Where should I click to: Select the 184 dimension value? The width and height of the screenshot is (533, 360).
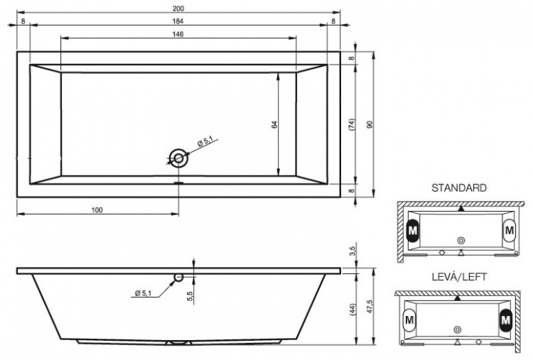(x=175, y=22)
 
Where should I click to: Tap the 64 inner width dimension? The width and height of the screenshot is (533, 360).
(x=274, y=125)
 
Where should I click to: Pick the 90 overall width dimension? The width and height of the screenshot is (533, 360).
(x=370, y=124)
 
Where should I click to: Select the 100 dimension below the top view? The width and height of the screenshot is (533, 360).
(x=97, y=209)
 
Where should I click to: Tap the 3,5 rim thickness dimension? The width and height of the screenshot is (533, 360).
(x=353, y=251)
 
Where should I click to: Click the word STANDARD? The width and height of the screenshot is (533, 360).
(x=458, y=188)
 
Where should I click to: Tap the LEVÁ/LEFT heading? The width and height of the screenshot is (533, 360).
(x=459, y=277)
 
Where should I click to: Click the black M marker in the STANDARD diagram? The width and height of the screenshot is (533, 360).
(x=414, y=230)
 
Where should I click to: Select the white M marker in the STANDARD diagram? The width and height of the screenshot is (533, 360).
(x=509, y=230)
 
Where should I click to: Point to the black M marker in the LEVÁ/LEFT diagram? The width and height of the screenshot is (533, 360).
(x=505, y=320)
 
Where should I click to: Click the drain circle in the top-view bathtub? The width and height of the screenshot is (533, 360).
(x=178, y=159)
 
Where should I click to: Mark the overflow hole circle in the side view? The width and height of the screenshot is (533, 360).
(x=178, y=277)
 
